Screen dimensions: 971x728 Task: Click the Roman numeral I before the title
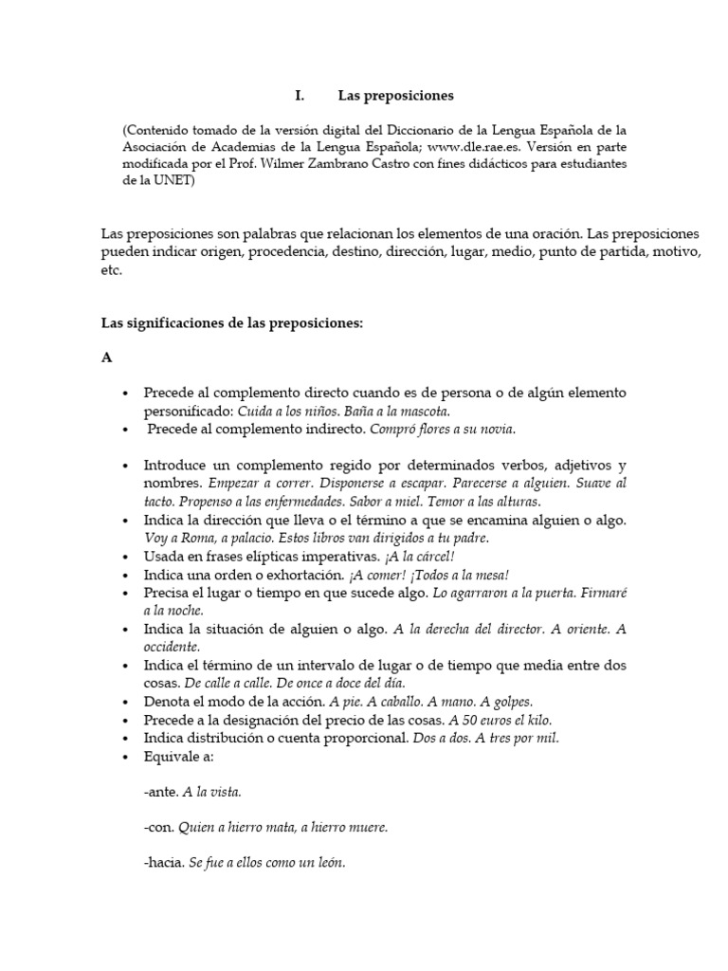click(299, 96)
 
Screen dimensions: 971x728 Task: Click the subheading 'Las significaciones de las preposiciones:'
click(232, 322)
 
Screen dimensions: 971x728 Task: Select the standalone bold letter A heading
click(107, 357)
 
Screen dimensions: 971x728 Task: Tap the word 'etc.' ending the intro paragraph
click(112, 269)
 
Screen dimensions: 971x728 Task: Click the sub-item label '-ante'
click(158, 790)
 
